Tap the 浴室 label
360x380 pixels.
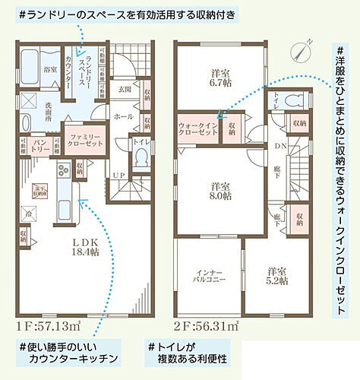coord(49,69)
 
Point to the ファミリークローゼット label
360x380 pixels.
coord(82,137)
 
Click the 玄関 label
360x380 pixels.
coord(125,89)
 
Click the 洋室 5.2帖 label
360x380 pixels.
coord(277,275)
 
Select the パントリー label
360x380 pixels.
coord(43,144)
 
